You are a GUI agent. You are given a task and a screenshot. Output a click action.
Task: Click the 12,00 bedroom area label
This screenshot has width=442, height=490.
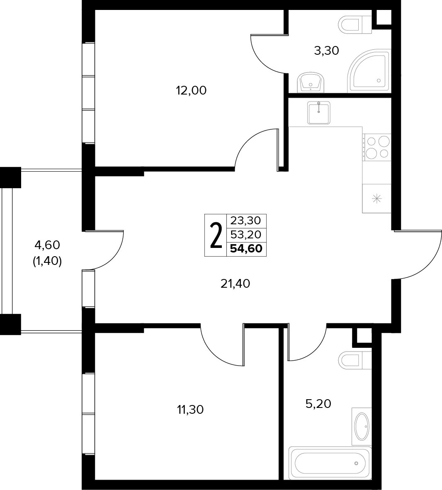click(x=191, y=91)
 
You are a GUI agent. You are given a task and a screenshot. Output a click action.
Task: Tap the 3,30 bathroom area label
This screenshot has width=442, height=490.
click(x=326, y=50)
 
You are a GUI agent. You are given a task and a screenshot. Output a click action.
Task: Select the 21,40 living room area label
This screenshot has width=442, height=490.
click(x=236, y=284)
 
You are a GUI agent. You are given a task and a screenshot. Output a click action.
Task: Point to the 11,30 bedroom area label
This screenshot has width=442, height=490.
click(x=190, y=410)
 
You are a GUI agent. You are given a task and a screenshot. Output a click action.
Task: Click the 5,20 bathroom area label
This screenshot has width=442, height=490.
click(x=318, y=404)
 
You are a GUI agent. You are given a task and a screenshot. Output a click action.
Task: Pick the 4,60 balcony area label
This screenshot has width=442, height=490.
click(x=47, y=245)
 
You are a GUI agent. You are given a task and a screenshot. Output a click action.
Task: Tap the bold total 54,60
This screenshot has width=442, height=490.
click(x=246, y=249)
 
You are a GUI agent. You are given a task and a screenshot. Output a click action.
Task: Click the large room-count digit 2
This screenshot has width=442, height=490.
click(x=216, y=235)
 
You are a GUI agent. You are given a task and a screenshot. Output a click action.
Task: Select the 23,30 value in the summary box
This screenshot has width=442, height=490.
click(x=246, y=221)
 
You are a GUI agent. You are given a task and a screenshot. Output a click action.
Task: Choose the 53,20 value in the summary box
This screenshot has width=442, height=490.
click(x=246, y=234)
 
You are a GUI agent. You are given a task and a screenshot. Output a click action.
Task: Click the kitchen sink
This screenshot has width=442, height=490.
click(x=318, y=112)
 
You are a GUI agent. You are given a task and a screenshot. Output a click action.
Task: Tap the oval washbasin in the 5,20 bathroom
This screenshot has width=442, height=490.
click(x=362, y=426)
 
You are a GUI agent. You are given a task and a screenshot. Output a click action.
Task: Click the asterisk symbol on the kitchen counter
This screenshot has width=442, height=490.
click(x=376, y=199)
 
